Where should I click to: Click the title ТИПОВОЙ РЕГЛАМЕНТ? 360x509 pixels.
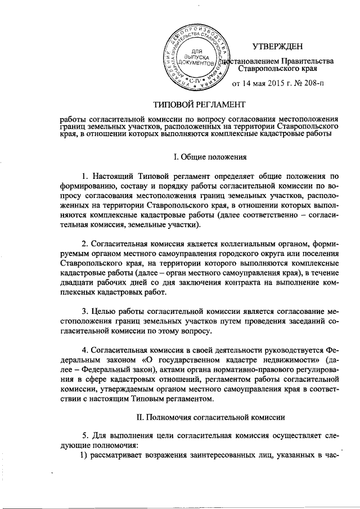200,105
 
